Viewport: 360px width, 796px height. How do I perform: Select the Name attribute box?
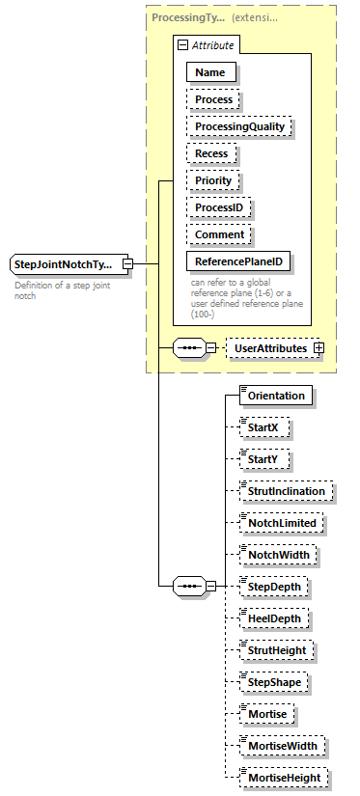[x=209, y=71]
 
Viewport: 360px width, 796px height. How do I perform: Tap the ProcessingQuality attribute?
[x=238, y=126]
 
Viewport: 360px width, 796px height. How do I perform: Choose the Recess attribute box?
[x=211, y=153]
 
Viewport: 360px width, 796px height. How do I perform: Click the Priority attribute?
[x=213, y=180]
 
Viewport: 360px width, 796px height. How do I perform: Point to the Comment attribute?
[x=219, y=234]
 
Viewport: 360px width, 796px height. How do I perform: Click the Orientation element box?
[x=275, y=396]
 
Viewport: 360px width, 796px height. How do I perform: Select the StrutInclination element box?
[x=288, y=491]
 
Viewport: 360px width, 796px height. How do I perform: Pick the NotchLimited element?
[x=283, y=523]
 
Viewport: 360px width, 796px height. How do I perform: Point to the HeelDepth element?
[x=277, y=618]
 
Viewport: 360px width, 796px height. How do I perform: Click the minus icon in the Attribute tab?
[x=182, y=44]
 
